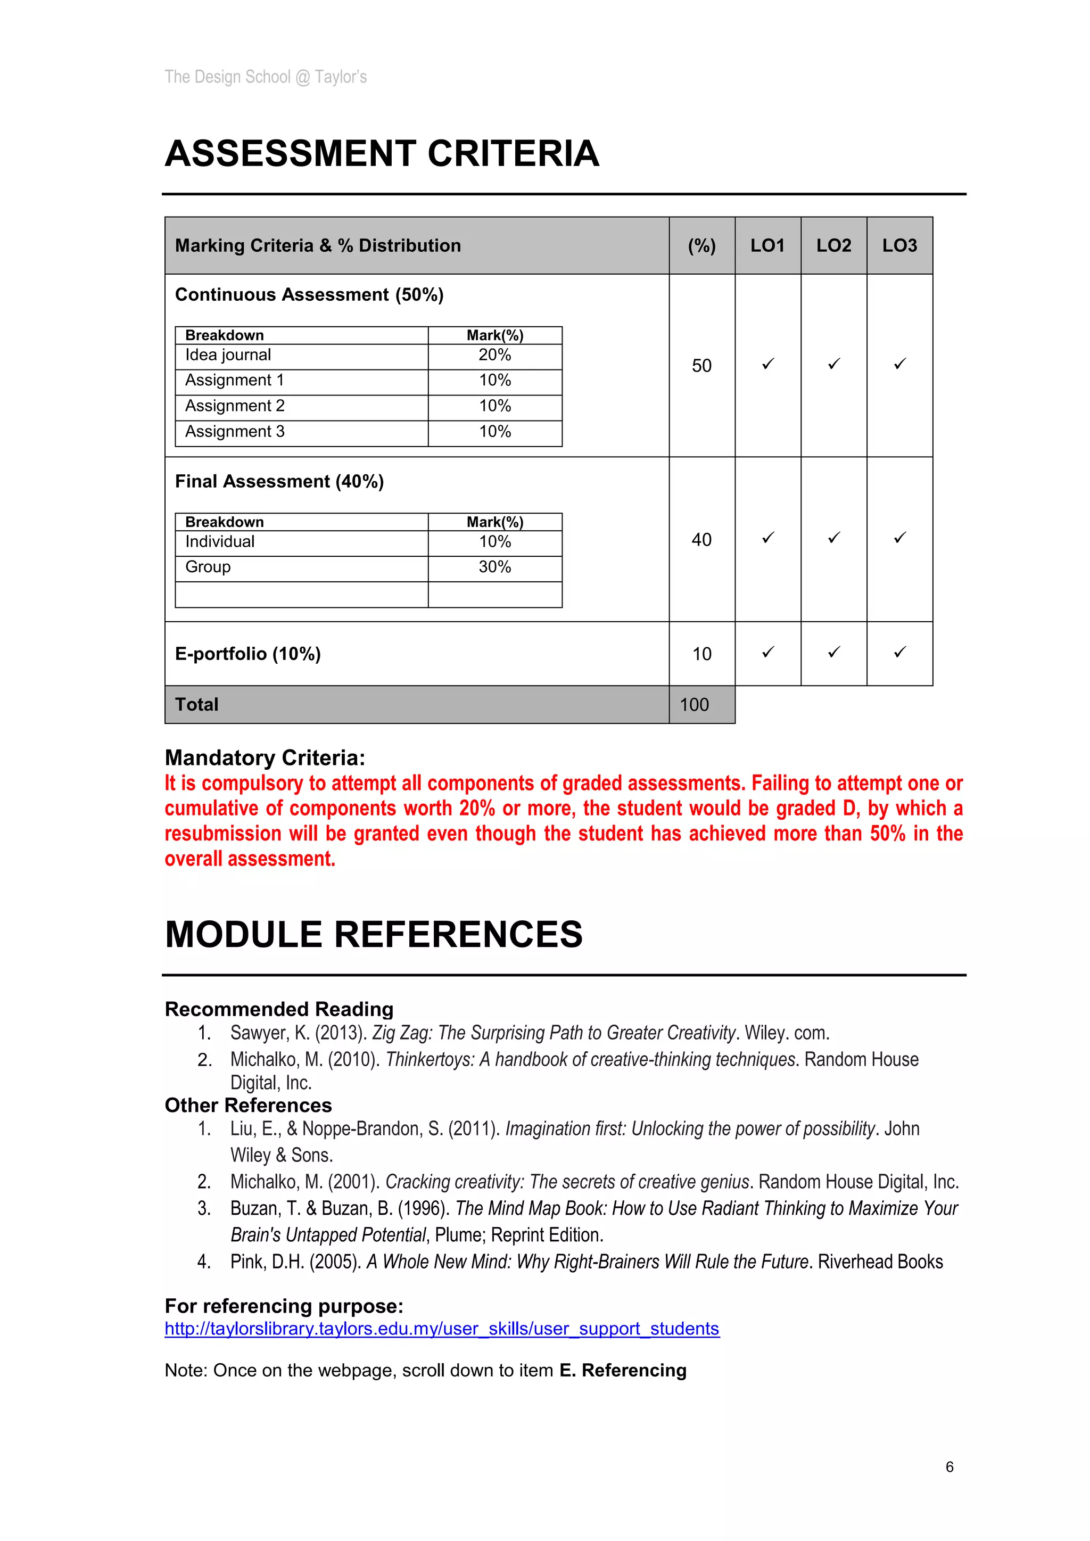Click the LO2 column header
click(x=833, y=245)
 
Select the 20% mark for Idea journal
click(x=494, y=355)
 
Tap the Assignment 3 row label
click(x=234, y=432)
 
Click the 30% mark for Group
click(x=494, y=567)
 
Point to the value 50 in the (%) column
click(x=701, y=366)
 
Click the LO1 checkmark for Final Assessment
click(x=768, y=538)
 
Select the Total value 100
click(x=694, y=705)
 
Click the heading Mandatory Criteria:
click(x=265, y=758)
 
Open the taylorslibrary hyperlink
click(x=442, y=1329)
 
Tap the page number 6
click(x=949, y=1467)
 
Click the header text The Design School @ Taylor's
click(x=265, y=77)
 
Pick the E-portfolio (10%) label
click(x=247, y=654)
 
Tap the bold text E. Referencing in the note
click(x=622, y=1371)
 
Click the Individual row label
click(x=219, y=542)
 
